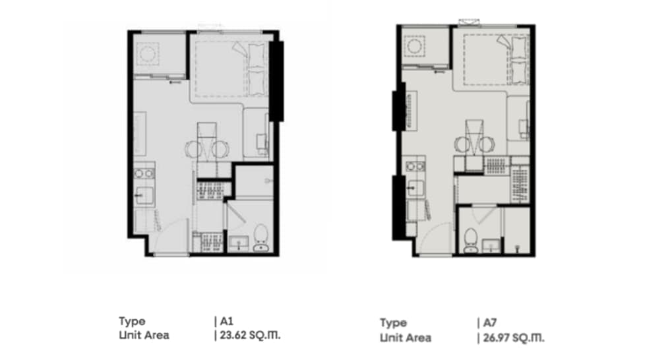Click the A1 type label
click(227, 321)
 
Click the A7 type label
click(490, 322)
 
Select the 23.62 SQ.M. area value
click(250, 336)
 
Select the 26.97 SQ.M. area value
click(513, 338)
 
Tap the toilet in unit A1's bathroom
click(260, 238)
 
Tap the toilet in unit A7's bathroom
click(470, 241)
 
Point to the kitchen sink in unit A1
click(144, 196)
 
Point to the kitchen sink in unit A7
click(415, 187)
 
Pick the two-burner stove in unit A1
click(144, 173)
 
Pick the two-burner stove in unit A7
click(415, 166)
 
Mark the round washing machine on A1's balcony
click(148, 54)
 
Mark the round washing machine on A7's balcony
click(413, 45)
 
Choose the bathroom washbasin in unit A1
click(239, 243)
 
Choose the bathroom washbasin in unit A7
click(491, 246)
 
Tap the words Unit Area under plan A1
click(144, 336)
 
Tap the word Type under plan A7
click(393, 323)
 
